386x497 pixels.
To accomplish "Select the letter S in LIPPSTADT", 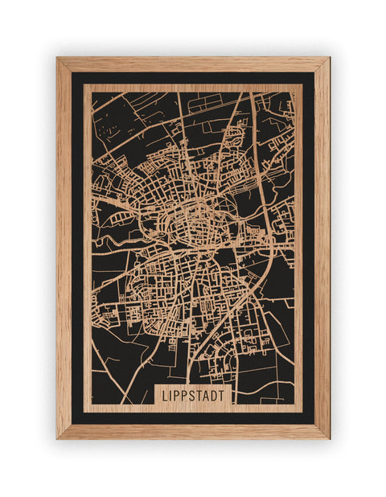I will (193, 396).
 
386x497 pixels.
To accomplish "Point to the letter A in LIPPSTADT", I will (208, 396).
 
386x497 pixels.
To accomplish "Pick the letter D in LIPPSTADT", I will (217, 396).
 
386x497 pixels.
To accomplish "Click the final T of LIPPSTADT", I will (225, 396).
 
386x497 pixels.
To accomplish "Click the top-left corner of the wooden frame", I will (58, 58).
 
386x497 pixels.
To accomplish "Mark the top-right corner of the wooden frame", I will (328, 58).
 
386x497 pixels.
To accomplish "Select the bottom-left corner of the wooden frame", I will (58, 437).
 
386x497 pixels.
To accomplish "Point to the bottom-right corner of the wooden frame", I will (328, 437).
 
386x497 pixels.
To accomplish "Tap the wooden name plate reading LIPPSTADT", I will (194, 396).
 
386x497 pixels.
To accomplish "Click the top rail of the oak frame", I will (193, 64).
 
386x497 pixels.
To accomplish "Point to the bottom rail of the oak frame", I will (193, 431).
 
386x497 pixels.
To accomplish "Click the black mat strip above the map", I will (193, 78).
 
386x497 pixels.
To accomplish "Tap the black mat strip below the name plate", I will (193, 417).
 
